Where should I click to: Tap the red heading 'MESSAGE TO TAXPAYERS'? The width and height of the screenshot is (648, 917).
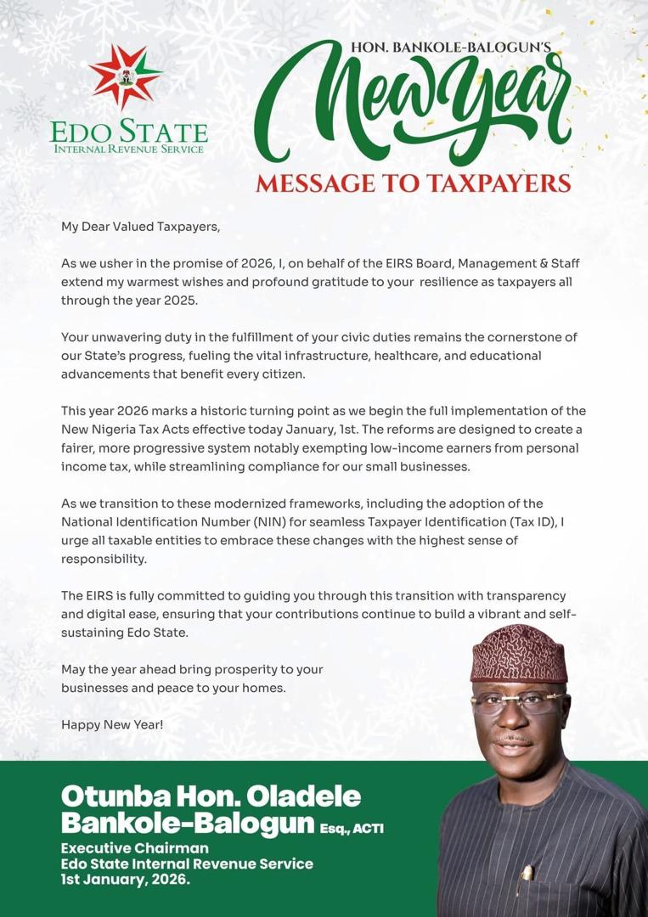[413, 183]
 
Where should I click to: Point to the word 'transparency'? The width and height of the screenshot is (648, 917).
[521, 596]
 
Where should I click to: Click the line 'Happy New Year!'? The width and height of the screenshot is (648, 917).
[112, 724]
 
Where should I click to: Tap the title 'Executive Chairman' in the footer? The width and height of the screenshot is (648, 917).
[134, 848]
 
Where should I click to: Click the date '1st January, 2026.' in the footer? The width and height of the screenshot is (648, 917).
[126, 880]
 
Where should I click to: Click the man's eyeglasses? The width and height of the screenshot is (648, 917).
[519, 702]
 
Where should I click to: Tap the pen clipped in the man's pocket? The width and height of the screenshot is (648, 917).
[527, 875]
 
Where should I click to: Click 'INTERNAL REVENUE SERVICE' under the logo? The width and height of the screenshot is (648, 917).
[128, 149]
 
